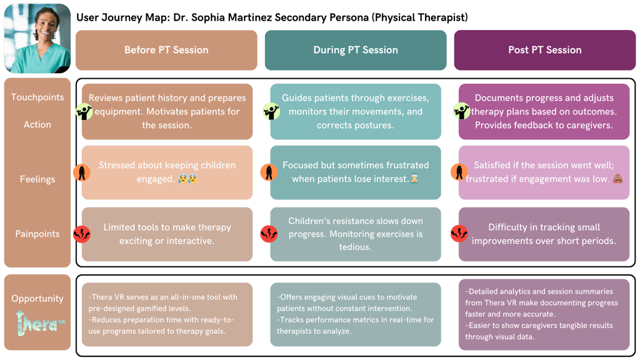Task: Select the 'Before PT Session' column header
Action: (x=166, y=50)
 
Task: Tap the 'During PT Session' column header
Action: (x=356, y=50)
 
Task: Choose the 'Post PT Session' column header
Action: (x=544, y=50)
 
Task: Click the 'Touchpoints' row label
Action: (x=37, y=97)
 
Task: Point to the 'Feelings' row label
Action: (x=37, y=179)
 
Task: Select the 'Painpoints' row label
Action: (x=37, y=234)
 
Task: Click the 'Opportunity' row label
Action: (x=37, y=299)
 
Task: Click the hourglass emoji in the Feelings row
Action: (x=414, y=179)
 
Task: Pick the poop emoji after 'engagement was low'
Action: (x=617, y=179)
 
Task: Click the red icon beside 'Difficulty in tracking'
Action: (x=459, y=234)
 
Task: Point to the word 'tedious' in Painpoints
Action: (x=356, y=247)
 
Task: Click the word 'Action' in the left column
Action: (x=37, y=124)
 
